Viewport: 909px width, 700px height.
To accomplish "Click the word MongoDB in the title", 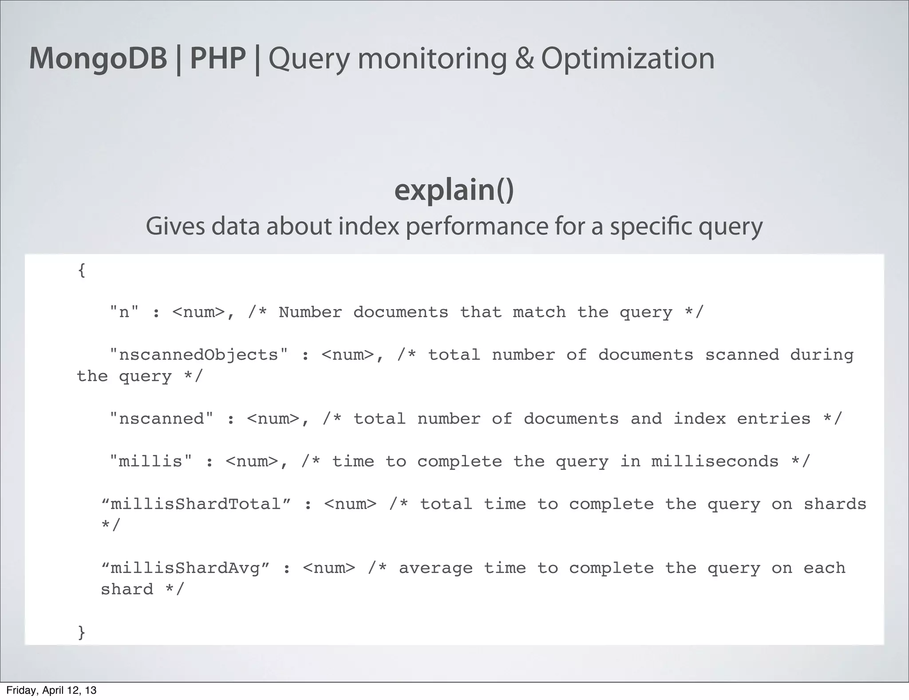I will tap(98, 58).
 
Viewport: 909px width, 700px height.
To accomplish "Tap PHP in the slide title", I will tap(217, 58).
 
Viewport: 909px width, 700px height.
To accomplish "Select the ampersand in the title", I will tap(524, 58).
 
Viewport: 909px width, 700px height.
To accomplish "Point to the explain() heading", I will tap(454, 190).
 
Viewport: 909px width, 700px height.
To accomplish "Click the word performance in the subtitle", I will tap(477, 226).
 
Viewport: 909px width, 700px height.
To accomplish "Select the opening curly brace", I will tap(81, 270).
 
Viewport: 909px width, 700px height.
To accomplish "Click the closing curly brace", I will tap(81, 632).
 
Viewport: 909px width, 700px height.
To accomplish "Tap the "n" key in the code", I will tap(124, 312).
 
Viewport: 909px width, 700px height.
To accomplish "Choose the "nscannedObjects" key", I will tap(199, 355).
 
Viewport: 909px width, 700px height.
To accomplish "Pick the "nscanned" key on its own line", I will tap(162, 419).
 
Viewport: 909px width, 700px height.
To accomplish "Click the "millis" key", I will tap(151, 461).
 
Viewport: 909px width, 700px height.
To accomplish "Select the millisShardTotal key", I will tap(196, 504).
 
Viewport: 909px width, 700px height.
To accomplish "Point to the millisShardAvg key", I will tap(186, 568).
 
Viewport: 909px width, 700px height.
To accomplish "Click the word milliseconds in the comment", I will tap(715, 461).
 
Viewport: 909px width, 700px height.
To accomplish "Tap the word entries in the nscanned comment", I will tap(774, 419).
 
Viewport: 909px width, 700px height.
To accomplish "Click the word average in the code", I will tap(436, 568).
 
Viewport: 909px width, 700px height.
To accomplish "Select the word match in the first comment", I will tap(539, 312).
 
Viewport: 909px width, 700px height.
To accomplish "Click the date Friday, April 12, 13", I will tap(51, 690).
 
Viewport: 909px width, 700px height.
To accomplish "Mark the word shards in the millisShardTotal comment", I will tap(835, 504).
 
